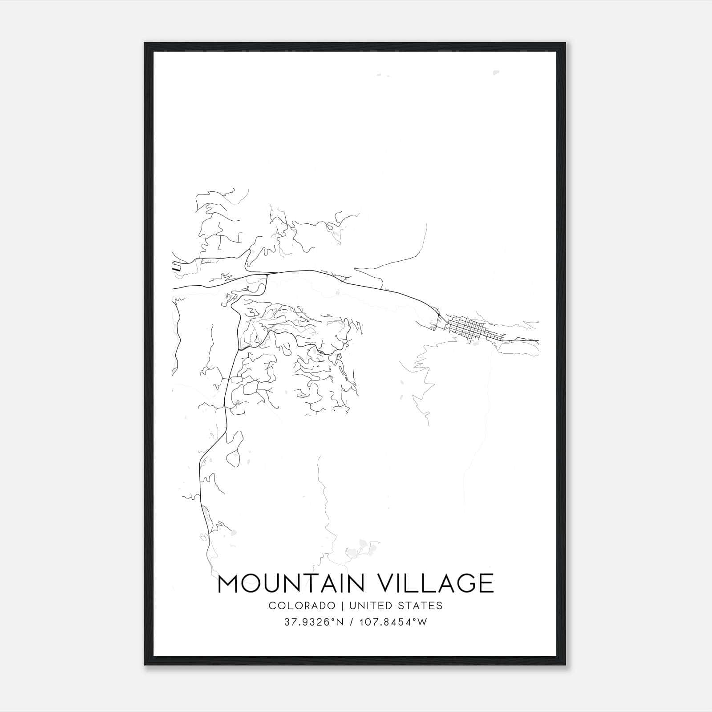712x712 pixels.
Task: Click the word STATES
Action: click(x=421, y=605)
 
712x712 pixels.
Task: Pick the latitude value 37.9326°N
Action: click(x=314, y=622)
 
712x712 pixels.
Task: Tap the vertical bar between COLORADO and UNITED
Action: click(x=343, y=605)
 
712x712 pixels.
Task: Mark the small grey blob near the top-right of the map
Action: click(x=495, y=73)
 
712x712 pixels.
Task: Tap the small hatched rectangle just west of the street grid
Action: click(x=433, y=328)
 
